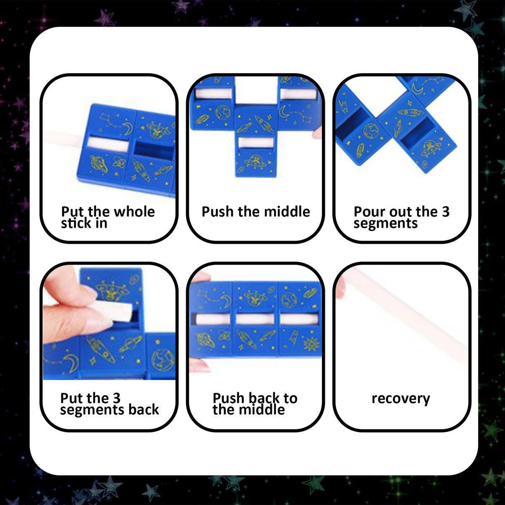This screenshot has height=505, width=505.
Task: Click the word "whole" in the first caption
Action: coord(134,212)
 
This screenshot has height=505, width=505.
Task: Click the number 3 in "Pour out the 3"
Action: coord(446,212)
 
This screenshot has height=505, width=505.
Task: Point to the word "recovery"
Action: coord(401,399)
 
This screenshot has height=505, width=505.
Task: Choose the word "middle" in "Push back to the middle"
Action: coord(265,409)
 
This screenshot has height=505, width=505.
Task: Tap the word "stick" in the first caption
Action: coord(77,223)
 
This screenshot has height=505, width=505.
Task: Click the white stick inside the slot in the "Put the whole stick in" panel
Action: coord(108,144)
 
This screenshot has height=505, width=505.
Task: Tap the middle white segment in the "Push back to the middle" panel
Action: coord(255,319)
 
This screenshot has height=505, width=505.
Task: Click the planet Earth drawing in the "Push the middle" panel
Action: coord(222,112)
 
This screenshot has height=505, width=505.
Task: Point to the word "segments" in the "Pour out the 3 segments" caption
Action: coord(385,223)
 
